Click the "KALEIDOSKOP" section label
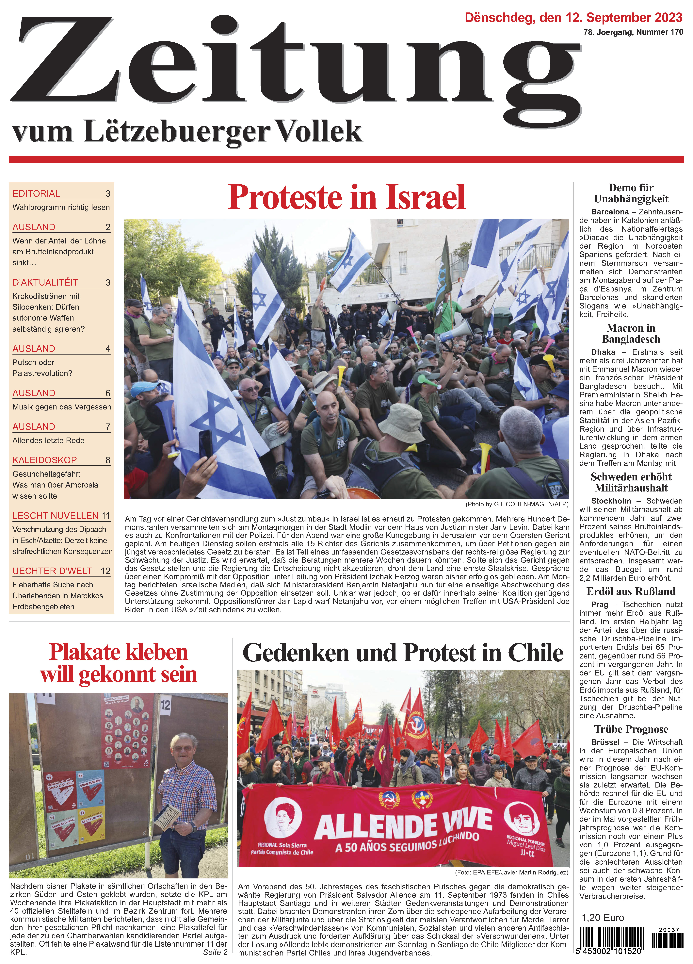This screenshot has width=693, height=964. tap(45, 460)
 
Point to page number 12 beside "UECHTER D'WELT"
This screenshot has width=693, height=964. tap(105, 571)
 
